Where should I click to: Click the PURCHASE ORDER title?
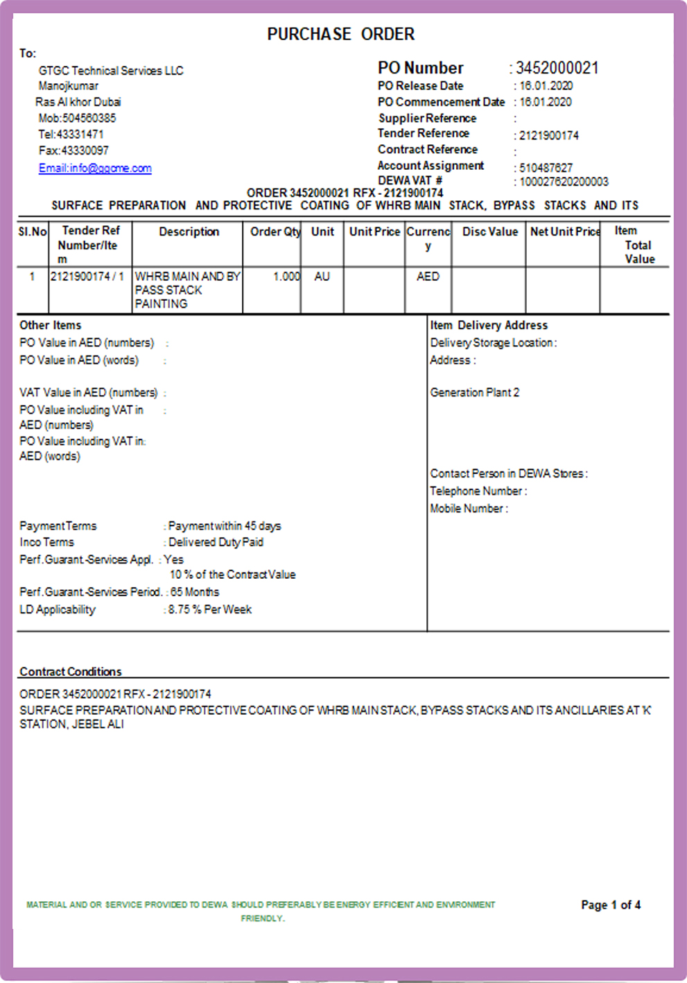pos(340,34)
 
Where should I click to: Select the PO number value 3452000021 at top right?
pos(557,68)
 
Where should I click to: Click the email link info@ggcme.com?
pos(95,168)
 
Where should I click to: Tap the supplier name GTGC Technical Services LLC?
pos(111,71)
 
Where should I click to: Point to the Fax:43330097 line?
pos(73,150)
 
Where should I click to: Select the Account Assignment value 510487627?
pos(546,168)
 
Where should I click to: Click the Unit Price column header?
pos(374,232)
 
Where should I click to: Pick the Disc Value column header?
pos(489,232)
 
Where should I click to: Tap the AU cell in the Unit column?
pos(322,277)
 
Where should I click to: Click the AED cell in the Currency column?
pos(428,277)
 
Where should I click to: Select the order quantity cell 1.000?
pos(286,277)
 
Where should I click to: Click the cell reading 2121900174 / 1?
pos(87,277)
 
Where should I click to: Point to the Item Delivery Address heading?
pos(489,325)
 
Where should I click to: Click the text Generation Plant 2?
pos(474,392)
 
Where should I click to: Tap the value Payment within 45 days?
pos(225,526)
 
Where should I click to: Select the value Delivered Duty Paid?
pos(216,542)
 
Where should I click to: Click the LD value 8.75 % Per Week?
pos(210,609)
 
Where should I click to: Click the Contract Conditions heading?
pos(71,672)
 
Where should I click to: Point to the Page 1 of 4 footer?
pos(611,905)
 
